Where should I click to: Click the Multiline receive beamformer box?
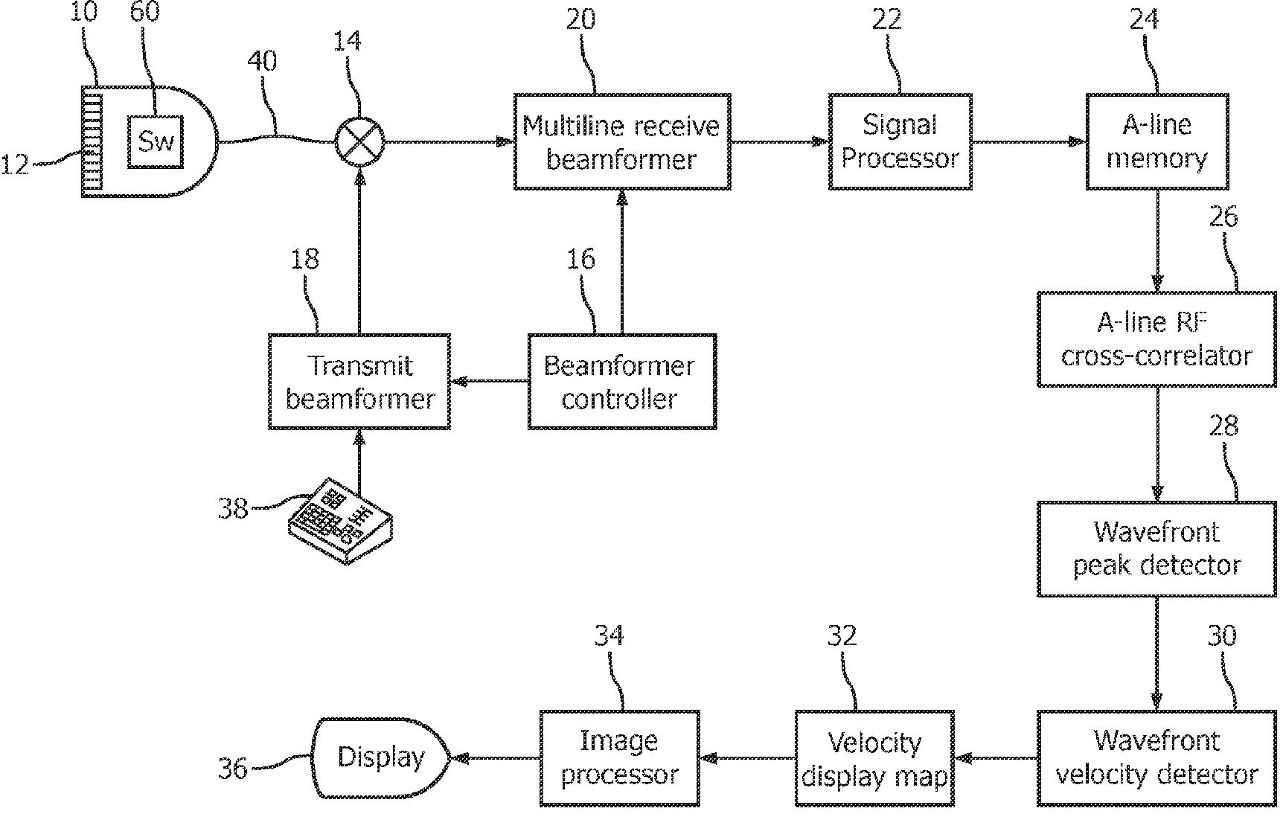622,141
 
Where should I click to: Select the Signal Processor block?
900,141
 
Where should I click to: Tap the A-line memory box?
1156,141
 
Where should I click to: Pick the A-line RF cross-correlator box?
1156,339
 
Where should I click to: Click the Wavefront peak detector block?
1156,549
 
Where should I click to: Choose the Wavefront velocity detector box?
1156,758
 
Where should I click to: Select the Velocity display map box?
874,758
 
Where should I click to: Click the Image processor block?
619,758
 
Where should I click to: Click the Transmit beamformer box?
359,382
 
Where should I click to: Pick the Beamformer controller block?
622,382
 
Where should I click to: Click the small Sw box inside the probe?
156,141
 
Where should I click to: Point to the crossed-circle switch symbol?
359,141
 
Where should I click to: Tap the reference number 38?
233,508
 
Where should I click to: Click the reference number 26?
1223,217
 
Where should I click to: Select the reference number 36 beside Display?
233,768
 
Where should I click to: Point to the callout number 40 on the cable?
262,60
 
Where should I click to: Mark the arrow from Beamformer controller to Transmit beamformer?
490,382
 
